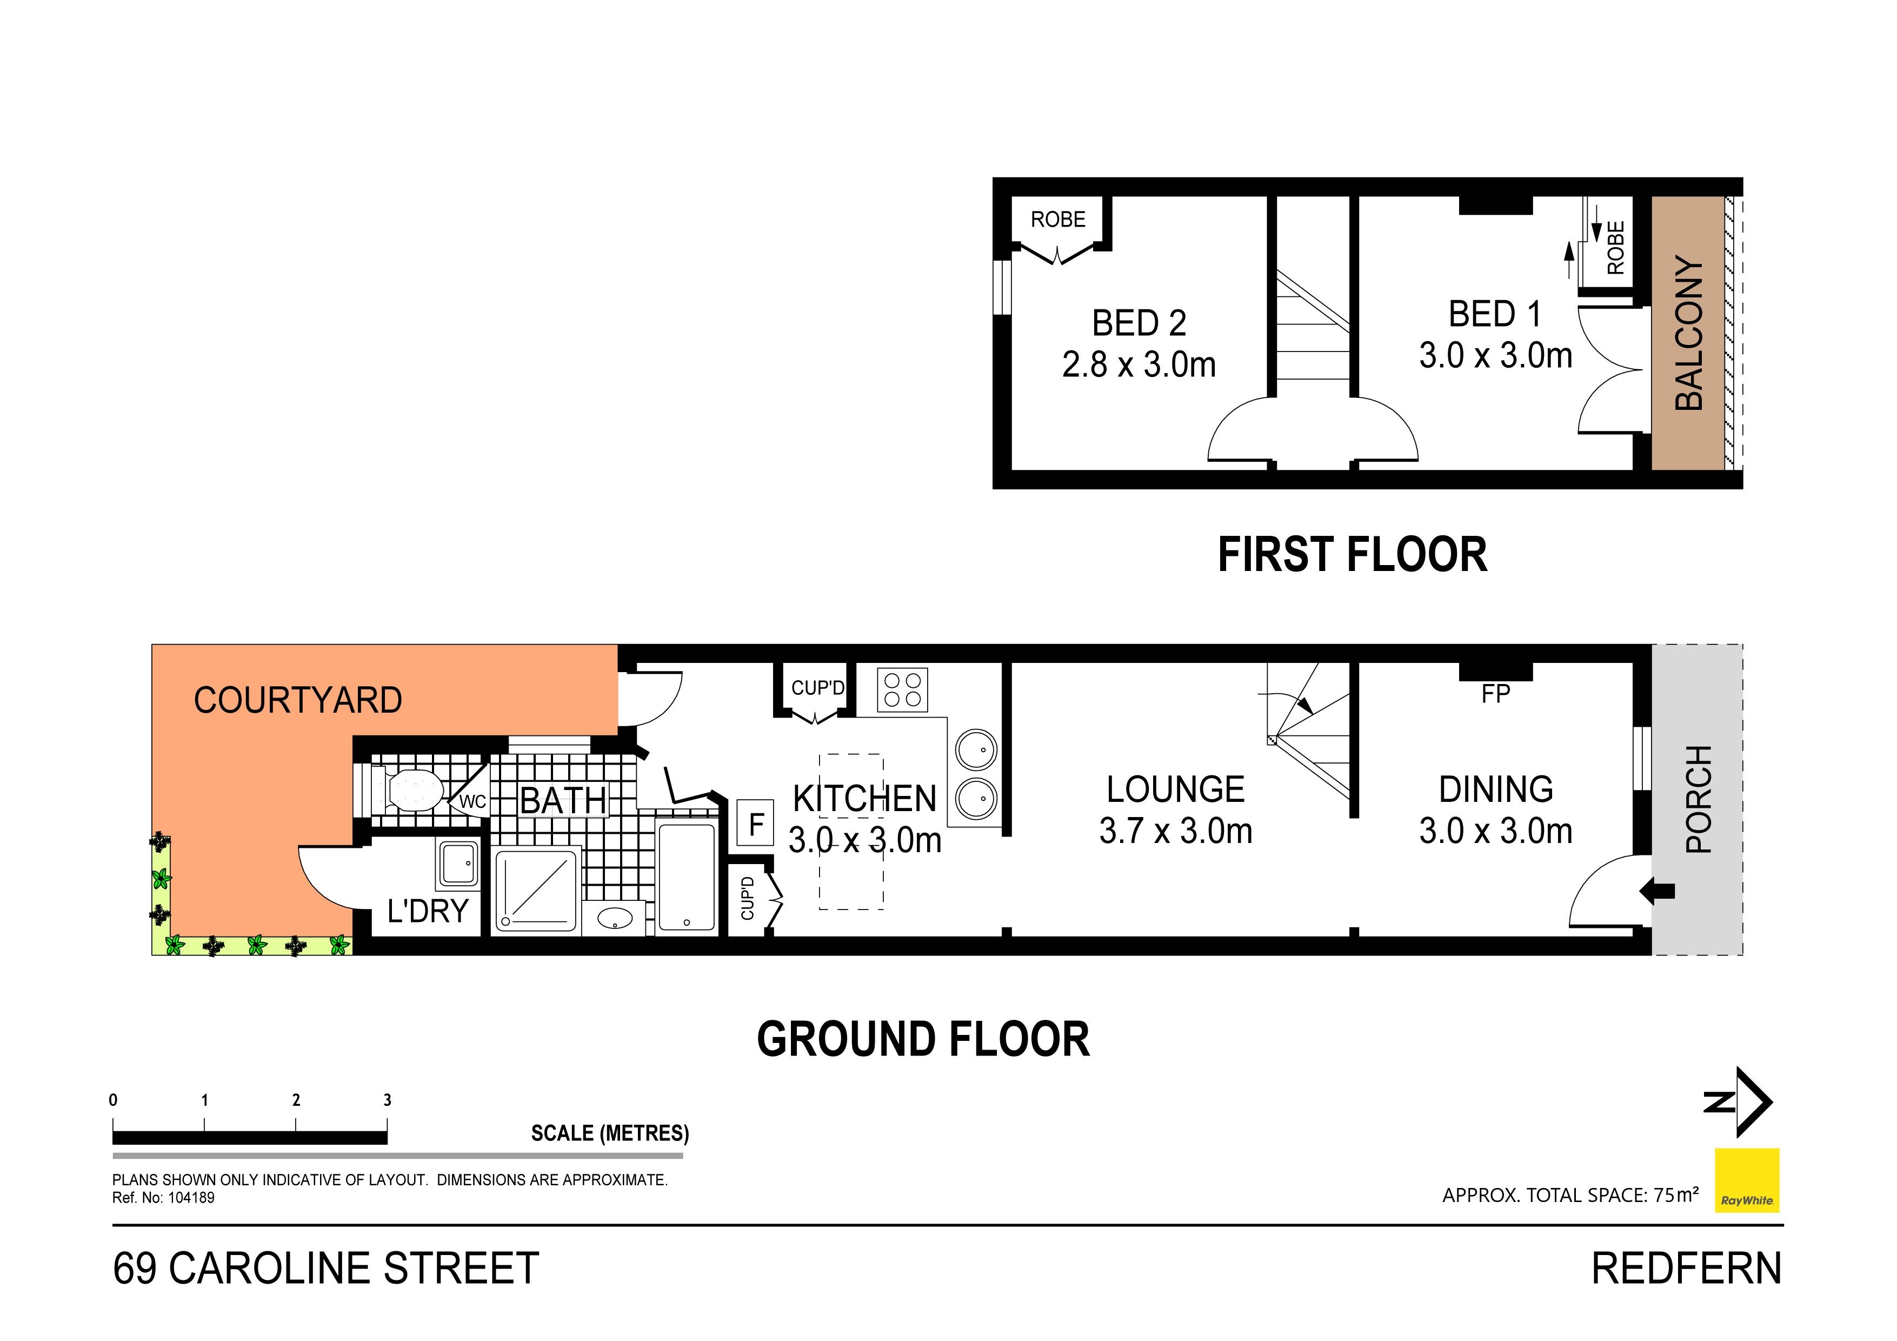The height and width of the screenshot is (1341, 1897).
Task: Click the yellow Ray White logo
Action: click(1747, 1180)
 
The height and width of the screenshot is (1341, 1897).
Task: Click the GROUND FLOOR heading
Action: click(923, 1039)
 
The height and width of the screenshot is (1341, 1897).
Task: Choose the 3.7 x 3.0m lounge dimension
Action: click(1176, 831)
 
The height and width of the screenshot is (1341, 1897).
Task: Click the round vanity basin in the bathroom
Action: click(615, 918)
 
